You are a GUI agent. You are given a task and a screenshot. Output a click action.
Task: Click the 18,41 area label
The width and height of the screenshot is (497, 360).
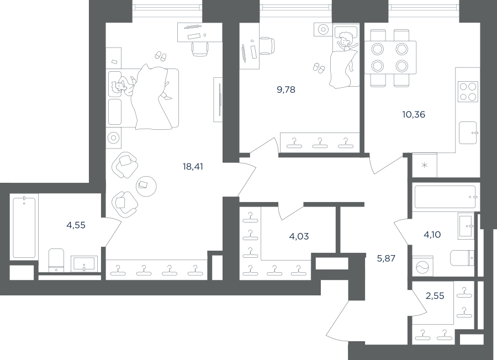click(193, 166)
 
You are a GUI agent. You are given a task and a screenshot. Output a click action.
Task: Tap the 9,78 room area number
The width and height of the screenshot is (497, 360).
click(286, 90)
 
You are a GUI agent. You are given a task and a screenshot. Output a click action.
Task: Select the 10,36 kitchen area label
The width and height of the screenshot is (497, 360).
click(414, 114)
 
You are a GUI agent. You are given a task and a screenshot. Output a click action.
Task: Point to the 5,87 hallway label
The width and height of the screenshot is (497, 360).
click(386, 258)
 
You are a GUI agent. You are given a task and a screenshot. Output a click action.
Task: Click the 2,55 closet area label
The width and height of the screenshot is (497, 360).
click(435, 296)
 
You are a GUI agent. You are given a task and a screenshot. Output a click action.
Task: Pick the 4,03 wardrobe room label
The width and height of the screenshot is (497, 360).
click(299, 236)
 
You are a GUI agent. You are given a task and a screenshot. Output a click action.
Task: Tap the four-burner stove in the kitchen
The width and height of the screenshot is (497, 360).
click(468, 92)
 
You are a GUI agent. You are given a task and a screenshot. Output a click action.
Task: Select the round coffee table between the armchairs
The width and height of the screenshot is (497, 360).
click(146, 186)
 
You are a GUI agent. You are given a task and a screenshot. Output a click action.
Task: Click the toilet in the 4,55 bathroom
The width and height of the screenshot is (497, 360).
click(56, 260)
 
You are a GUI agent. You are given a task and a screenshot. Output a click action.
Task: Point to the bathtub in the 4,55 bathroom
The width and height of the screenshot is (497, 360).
click(24, 227)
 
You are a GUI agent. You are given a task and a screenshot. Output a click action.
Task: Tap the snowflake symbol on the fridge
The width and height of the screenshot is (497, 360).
click(424, 165)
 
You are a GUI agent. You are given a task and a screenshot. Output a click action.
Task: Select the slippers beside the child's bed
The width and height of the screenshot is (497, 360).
click(319, 68)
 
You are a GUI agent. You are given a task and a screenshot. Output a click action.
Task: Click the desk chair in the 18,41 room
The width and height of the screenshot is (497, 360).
click(200, 49)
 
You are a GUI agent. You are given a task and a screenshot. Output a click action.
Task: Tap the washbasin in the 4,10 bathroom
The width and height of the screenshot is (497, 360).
click(466, 226)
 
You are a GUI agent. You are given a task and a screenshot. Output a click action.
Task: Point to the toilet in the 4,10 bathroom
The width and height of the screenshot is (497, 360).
click(462, 258)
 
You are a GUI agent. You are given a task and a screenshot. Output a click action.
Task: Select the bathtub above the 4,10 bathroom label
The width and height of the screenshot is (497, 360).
click(445, 197)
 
